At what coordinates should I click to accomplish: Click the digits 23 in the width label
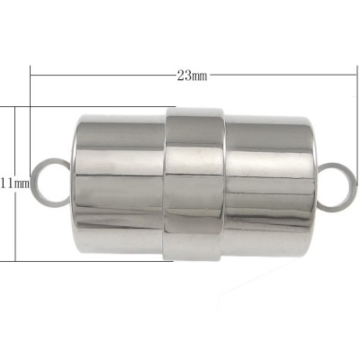[184, 74]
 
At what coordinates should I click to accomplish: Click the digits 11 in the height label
[6, 184]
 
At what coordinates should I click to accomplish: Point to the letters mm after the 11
[22, 184]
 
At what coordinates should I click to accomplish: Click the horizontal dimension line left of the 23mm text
[99, 74]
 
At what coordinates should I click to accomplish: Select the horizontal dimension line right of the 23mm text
[279, 74]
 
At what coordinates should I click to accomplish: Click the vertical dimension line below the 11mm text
[16, 225]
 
